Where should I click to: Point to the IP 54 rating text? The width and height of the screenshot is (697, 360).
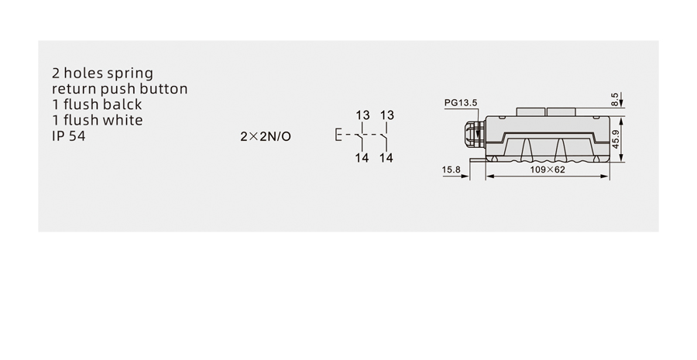pyautogui.click(x=68, y=136)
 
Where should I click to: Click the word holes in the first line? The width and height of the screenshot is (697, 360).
pyautogui.click(x=84, y=73)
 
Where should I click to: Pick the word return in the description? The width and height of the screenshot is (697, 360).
pyautogui.click(x=74, y=89)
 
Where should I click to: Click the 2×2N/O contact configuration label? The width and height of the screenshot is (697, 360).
pyautogui.click(x=266, y=136)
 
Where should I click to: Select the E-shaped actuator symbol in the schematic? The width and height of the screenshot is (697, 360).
pyautogui.click(x=338, y=135)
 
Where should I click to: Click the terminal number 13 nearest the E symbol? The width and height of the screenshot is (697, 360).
pyautogui.click(x=362, y=115)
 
